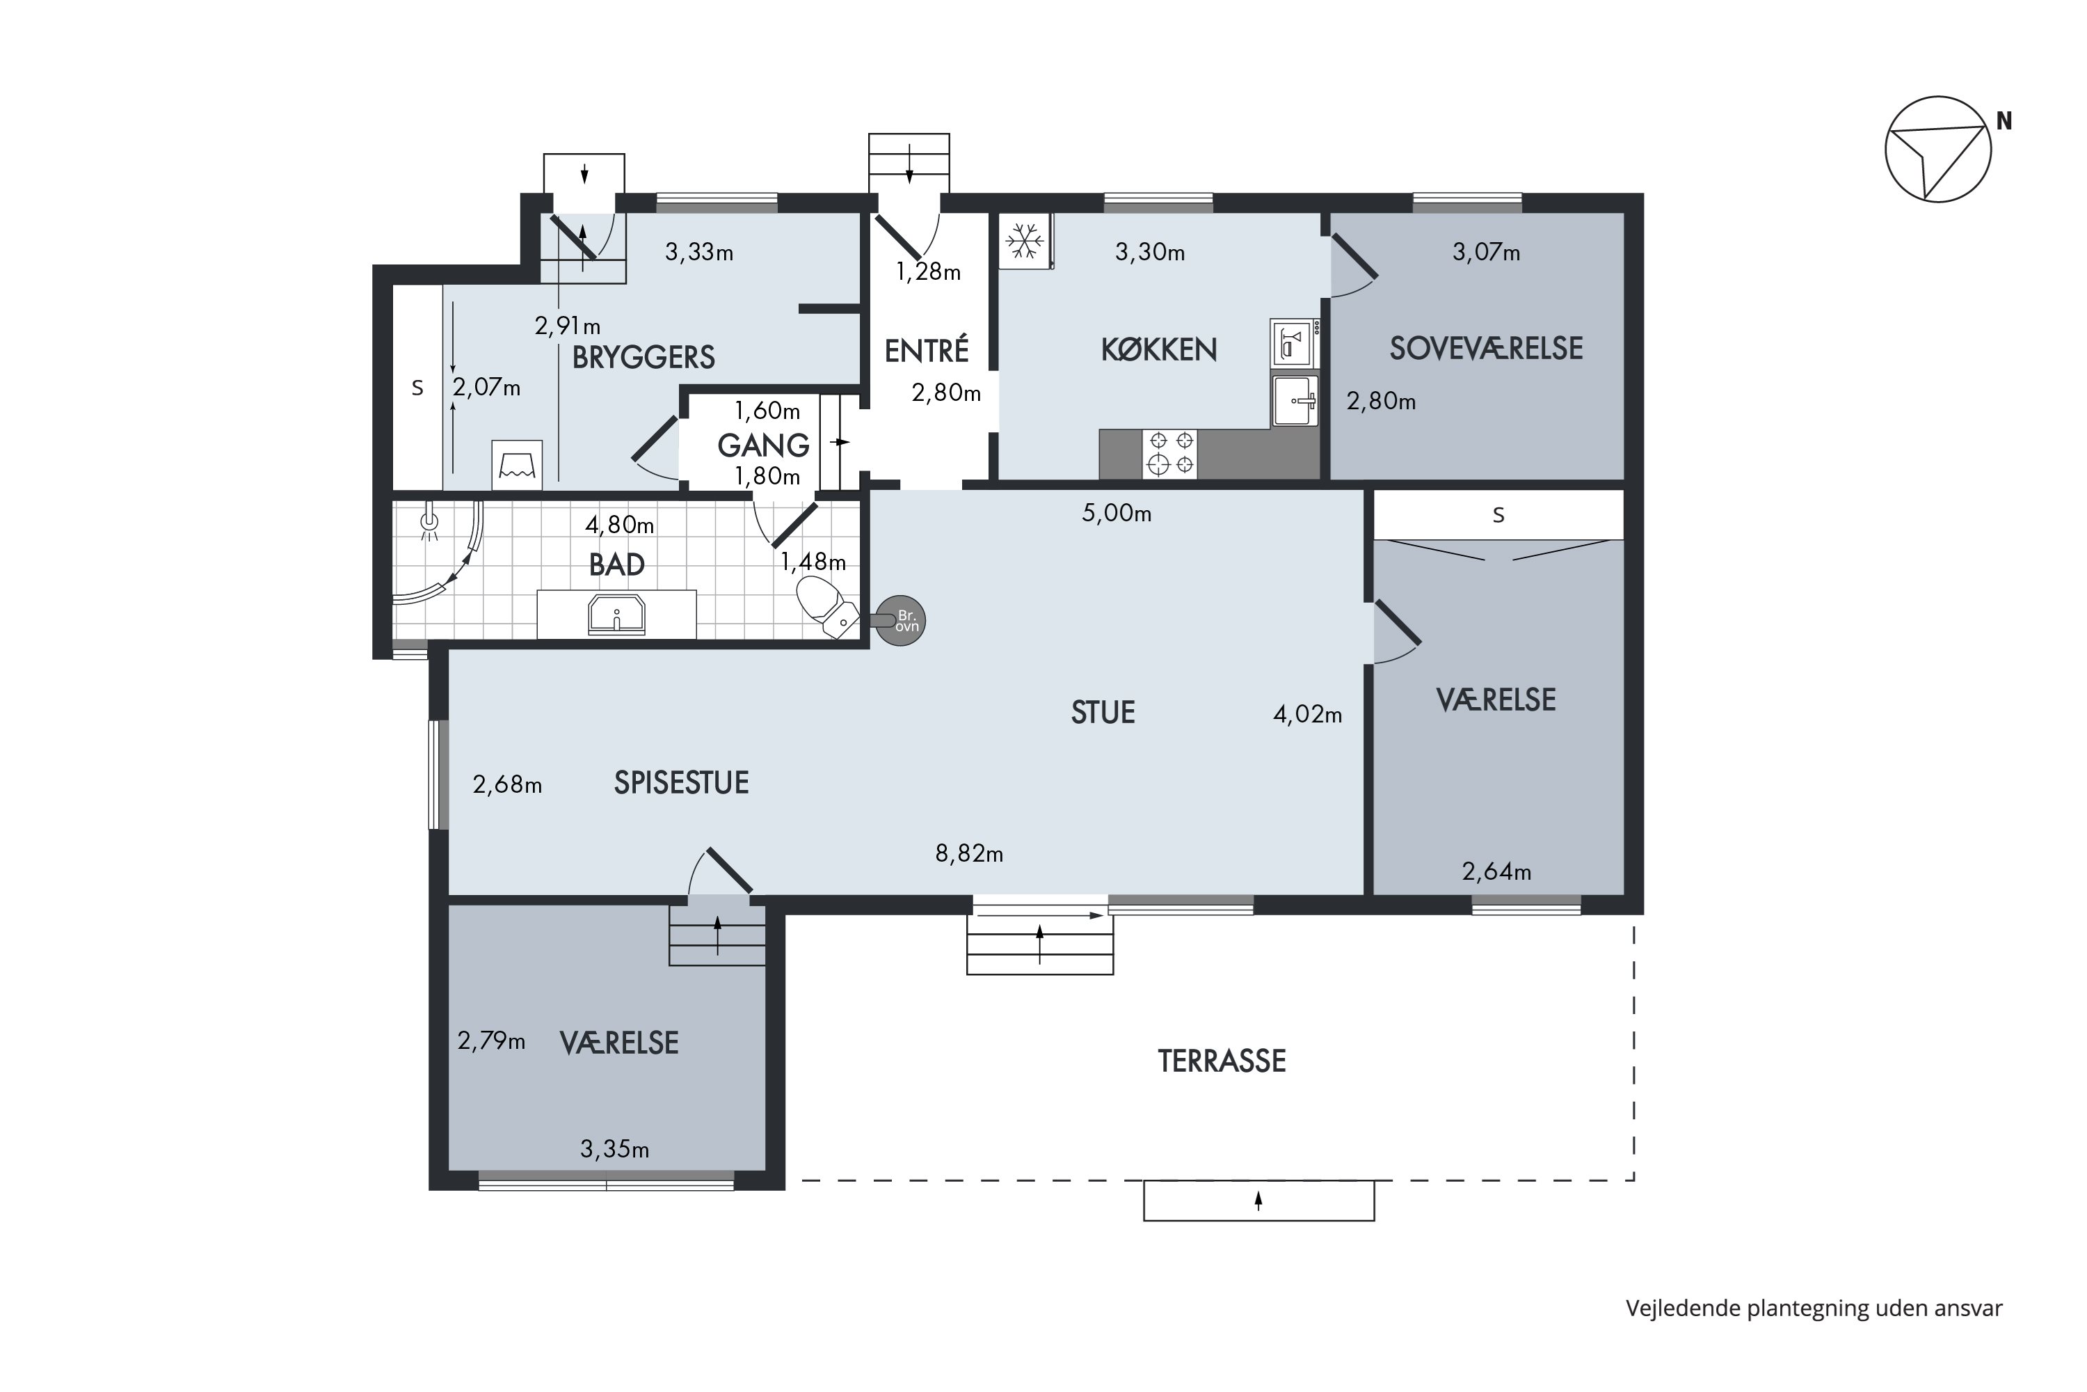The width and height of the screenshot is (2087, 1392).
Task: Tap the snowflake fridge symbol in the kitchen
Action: [x=1025, y=241]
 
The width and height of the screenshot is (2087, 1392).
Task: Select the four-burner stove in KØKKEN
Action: [x=1169, y=454]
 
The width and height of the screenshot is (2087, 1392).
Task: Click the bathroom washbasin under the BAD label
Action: [x=616, y=615]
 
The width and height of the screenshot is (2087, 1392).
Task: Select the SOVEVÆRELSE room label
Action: [x=1486, y=348]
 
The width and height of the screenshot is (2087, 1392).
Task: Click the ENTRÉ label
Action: [x=927, y=351]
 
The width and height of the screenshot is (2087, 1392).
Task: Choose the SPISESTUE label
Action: [x=682, y=782]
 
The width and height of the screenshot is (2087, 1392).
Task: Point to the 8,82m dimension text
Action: [x=969, y=854]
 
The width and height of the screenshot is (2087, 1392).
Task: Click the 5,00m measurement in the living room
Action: [x=1117, y=513]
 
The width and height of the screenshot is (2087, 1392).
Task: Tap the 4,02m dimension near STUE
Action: [x=1307, y=714]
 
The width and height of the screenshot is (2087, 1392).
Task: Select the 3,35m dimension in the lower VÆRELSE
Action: [x=615, y=1150]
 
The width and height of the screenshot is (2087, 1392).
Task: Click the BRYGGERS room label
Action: [x=643, y=357]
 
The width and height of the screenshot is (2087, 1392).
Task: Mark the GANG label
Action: [x=763, y=445]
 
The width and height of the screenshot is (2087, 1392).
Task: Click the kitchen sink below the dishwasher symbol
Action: [x=1295, y=402]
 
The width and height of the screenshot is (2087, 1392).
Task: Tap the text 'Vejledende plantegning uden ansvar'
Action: [x=1814, y=1308]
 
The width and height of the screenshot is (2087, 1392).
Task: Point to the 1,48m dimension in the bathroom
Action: [x=813, y=562]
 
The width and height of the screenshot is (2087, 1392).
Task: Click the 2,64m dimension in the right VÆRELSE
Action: [x=1496, y=872]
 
